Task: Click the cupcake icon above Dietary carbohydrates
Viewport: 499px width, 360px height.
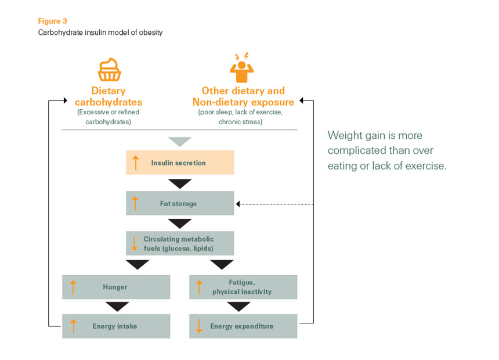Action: (x=109, y=69)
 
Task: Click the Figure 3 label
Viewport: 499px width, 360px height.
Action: (x=52, y=21)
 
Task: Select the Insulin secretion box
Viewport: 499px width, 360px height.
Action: (x=180, y=163)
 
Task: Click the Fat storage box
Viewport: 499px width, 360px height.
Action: (x=180, y=204)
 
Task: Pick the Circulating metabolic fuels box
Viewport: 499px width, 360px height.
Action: (x=180, y=243)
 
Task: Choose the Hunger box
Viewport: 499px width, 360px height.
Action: (x=116, y=287)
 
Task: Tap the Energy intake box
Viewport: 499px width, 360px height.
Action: (x=116, y=326)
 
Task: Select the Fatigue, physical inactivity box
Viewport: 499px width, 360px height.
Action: (x=243, y=287)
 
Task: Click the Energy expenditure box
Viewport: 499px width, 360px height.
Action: (x=243, y=326)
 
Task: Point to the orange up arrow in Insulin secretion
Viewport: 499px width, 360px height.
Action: (x=136, y=163)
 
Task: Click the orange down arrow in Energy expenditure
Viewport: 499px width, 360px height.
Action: (x=199, y=326)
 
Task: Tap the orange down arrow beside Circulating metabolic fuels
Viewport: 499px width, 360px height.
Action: (x=136, y=243)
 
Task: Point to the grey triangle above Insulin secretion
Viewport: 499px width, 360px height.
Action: (x=179, y=142)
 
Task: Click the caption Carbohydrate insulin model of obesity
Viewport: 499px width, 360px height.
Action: (x=100, y=33)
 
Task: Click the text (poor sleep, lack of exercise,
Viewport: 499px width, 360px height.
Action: (x=243, y=112)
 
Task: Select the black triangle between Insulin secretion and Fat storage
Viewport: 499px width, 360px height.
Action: (x=179, y=183)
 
